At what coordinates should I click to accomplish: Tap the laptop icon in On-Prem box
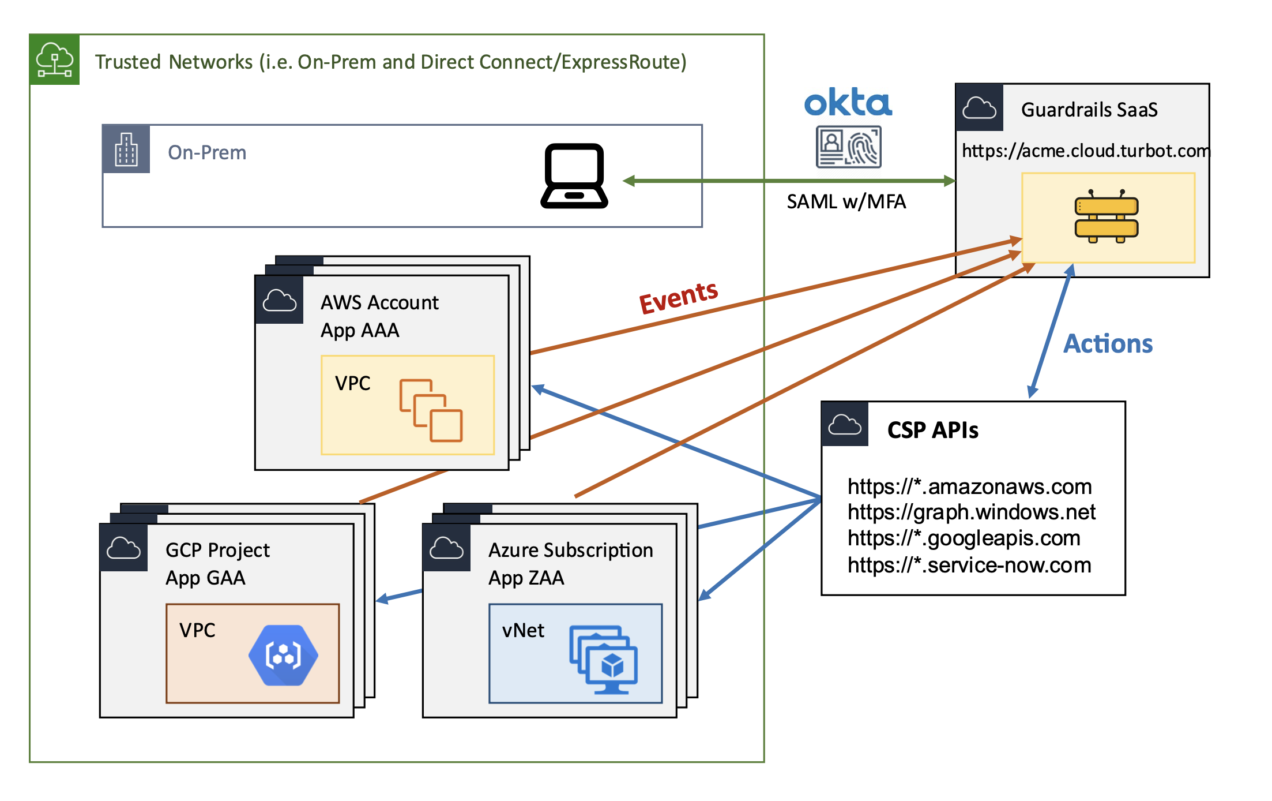(574, 176)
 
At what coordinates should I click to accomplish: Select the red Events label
(679, 297)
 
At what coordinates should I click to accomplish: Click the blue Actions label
(1108, 344)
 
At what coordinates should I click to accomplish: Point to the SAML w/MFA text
(846, 202)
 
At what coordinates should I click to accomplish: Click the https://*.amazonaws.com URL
(969, 486)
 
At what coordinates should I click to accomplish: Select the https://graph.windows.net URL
(971, 512)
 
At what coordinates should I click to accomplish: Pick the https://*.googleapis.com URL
(964, 538)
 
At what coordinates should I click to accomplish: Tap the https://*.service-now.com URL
(969, 565)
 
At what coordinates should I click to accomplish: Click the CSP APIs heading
(932, 431)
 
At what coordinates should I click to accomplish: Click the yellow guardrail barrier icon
(1106, 217)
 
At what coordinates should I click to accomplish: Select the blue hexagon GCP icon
(283, 655)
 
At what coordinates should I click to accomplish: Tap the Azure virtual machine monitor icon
(604, 660)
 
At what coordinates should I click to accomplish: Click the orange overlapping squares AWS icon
(431, 410)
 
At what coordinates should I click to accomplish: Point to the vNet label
(523, 631)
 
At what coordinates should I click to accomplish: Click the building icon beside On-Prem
(126, 149)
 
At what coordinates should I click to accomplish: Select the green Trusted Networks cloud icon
(55, 60)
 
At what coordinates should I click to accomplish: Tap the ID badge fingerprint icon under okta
(848, 147)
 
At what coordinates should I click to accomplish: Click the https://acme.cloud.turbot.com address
(1085, 151)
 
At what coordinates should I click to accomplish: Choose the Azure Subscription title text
(570, 551)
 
